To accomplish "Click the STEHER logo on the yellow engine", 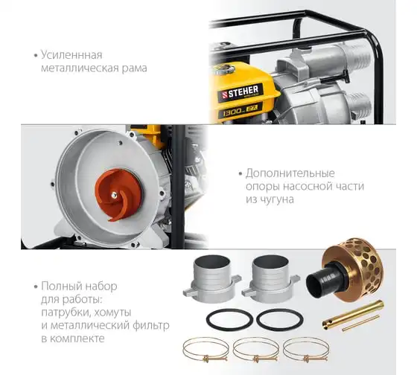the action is click(241, 93).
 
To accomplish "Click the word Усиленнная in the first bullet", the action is click(71, 55).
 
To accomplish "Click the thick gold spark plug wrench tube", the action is click(353, 315).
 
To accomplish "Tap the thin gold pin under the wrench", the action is click(361, 323).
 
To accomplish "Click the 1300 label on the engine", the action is click(232, 112).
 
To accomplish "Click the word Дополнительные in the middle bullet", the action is click(290, 174).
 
